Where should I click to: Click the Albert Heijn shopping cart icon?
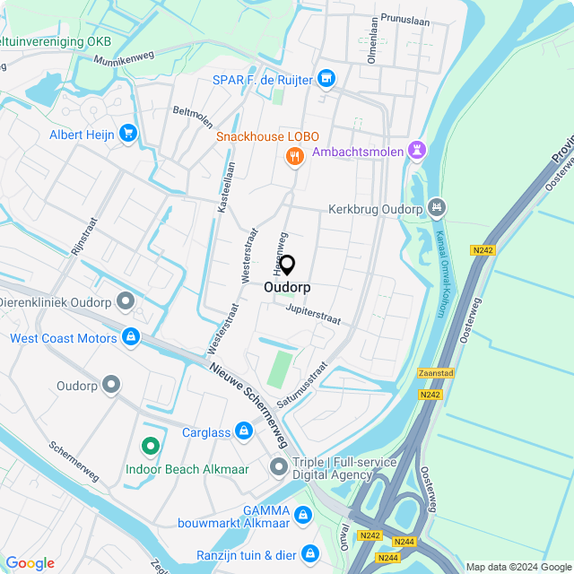[x=127, y=134]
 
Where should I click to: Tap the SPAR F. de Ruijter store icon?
[x=326, y=80]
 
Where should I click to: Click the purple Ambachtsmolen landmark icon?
[x=416, y=152]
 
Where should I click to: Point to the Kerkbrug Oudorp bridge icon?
[x=437, y=208]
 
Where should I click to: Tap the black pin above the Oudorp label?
[x=287, y=265]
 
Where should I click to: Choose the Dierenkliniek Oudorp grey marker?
[x=126, y=301]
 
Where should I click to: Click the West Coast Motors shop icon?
[x=131, y=337]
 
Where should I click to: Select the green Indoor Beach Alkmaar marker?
[x=150, y=445]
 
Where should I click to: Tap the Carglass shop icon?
[x=243, y=432]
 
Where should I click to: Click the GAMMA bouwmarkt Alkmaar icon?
[x=304, y=515]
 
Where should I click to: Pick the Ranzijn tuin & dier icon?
[x=309, y=554]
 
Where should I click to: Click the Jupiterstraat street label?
[x=313, y=313]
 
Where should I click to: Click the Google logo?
[x=30, y=563]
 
